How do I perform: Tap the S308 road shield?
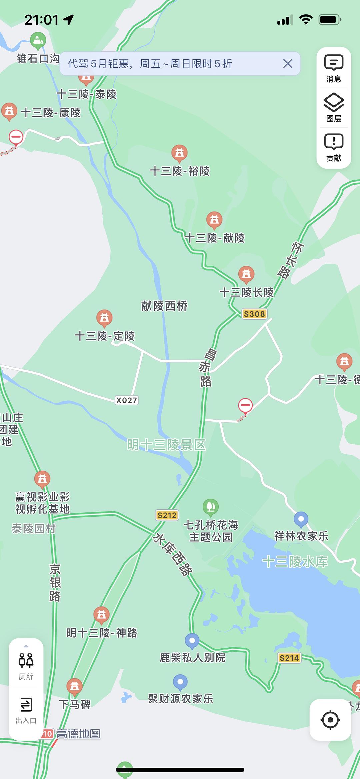[254, 314]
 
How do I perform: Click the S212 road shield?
[167, 515]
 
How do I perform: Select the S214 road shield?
[289, 658]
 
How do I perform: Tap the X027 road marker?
[126, 400]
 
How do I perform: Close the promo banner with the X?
[288, 63]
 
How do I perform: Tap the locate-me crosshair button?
[330, 720]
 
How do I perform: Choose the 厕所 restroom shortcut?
[26, 665]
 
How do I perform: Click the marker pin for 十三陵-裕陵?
[179, 153]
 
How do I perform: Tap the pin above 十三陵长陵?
[246, 274]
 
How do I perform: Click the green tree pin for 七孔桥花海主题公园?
[211, 507]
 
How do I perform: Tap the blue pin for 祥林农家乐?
[301, 519]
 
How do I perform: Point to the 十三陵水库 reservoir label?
[295, 562]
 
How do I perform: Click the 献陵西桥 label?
[164, 306]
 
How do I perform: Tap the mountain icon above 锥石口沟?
[38, 41]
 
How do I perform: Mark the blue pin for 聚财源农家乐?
[180, 682]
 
